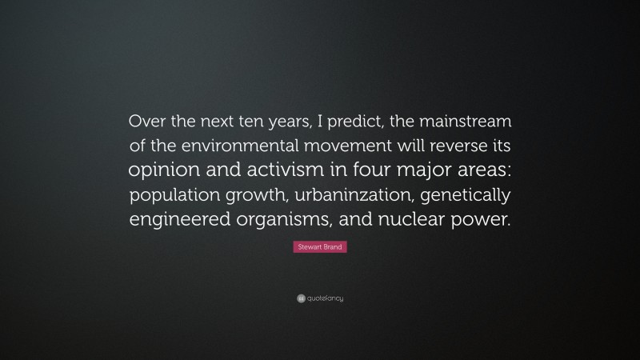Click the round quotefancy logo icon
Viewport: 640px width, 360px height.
[x=300, y=298]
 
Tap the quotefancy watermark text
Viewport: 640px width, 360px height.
[x=326, y=298]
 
